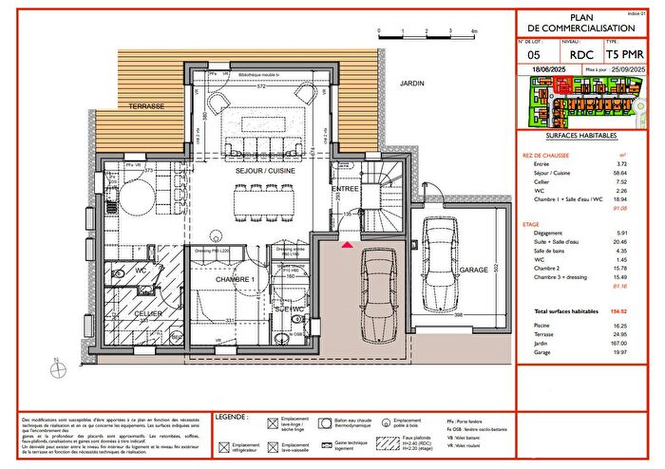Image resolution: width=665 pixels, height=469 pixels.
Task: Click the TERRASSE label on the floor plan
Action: click(x=148, y=105)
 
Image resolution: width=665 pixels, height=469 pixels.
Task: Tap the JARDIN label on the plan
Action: click(x=411, y=83)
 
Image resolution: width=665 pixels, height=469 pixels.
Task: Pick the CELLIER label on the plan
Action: click(x=146, y=312)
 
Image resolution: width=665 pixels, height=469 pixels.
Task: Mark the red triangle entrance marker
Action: click(x=348, y=246)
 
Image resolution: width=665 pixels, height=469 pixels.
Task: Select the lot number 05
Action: click(x=533, y=55)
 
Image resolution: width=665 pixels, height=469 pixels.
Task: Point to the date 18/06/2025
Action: click(x=541, y=70)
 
